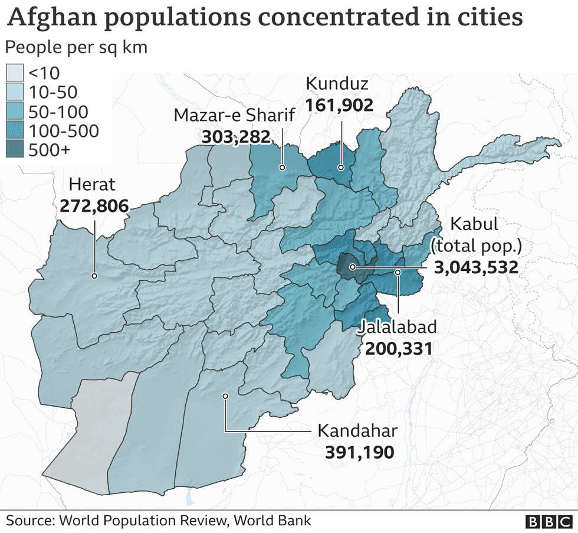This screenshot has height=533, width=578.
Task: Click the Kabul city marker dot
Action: point(352,267)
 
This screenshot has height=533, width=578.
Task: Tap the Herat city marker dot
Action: point(94,276)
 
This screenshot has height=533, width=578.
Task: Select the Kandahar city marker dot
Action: point(225,396)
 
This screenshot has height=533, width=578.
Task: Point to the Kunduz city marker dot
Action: point(341,168)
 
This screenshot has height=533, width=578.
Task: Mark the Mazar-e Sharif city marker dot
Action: point(282,168)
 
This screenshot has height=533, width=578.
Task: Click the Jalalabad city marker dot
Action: point(398,272)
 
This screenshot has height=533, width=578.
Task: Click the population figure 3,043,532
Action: point(477,267)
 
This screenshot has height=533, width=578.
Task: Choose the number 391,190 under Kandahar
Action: point(359,452)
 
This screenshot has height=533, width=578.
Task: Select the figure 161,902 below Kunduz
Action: point(339,106)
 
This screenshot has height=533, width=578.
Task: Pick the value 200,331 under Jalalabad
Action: point(399,349)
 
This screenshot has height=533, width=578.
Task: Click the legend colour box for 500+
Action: point(15,150)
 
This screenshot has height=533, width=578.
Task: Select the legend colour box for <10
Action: point(15,73)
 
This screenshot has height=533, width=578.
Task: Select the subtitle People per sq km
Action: point(76,47)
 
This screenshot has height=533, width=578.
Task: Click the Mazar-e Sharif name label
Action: point(234,115)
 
